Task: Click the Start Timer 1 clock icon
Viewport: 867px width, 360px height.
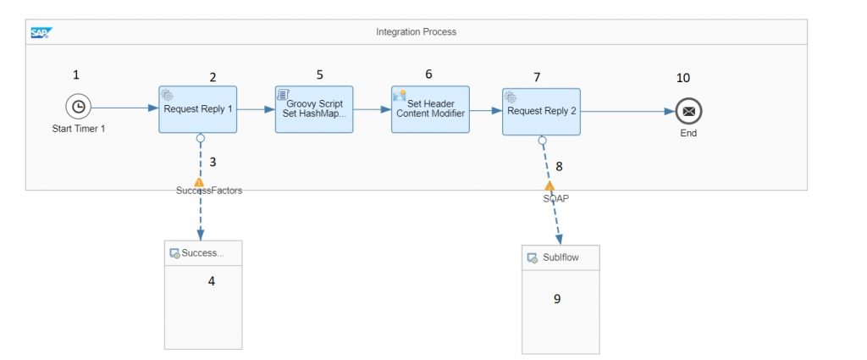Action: click(79, 107)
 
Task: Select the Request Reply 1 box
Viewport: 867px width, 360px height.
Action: click(198, 109)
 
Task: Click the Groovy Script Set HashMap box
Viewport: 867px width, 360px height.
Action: click(314, 109)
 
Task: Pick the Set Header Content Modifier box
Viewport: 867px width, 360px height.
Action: click(430, 109)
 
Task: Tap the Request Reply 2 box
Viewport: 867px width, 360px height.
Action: click(541, 112)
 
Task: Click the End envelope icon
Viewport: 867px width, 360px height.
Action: click(688, 112)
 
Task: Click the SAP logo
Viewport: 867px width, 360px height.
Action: click(41, 33)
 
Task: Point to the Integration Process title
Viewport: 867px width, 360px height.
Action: click(417, 32)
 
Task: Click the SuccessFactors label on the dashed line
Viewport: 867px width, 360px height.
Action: click(209, 191)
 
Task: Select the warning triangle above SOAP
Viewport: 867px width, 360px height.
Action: click(549, 186)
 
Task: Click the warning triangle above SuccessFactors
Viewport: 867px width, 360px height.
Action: click(199, 182)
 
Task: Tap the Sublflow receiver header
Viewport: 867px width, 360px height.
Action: click(561, 258)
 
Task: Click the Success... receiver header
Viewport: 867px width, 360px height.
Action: click(203, 253)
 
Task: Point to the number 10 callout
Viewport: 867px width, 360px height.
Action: click(683, 78)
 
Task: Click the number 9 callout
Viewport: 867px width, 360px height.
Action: click(557, 299)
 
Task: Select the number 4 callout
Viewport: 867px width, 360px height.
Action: click(211, 281)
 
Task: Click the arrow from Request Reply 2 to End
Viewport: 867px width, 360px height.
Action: click(628, 111)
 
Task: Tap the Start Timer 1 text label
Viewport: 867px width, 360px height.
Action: click(79, 129)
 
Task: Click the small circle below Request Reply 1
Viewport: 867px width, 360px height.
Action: click(200, 138)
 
